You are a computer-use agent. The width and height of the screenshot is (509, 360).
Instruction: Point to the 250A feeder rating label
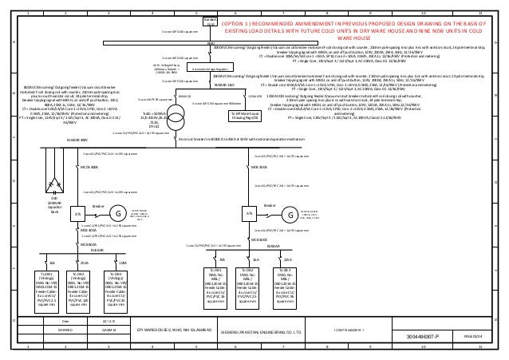85,263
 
